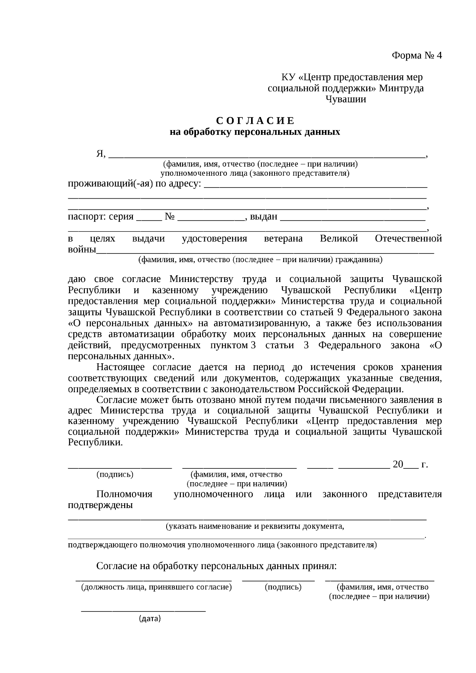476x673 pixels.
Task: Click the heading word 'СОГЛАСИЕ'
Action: click(255, 121)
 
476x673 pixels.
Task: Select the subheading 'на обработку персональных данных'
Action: click(255, 132)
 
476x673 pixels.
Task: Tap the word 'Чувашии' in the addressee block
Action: click(345, 99)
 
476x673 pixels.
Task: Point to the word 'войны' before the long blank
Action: click(82, 250)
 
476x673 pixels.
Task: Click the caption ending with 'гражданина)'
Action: click(260, 260)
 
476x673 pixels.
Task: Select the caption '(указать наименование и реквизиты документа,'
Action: click(255, 527)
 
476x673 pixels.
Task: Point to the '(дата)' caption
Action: click(150, 619)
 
